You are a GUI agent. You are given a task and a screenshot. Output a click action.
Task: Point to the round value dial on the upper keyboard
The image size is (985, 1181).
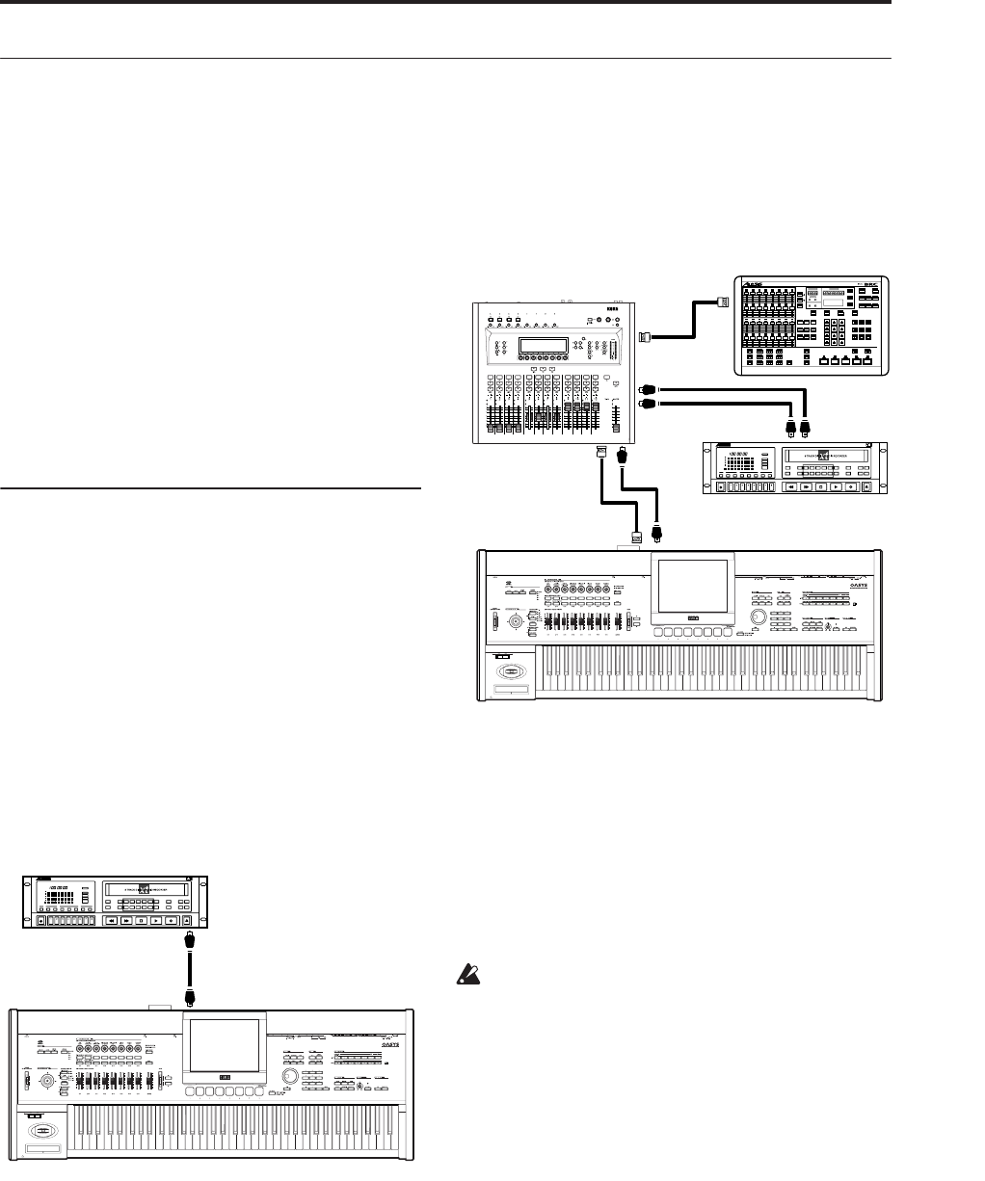[759, 616]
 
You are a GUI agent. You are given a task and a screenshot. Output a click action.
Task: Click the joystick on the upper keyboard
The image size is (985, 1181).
[518, 621]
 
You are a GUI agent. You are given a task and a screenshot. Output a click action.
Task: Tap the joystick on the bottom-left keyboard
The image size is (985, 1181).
[44, 1084]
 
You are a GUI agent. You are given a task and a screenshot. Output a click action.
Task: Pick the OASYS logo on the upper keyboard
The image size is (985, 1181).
[840, 582]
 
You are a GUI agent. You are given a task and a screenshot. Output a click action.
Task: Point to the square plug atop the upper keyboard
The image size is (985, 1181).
[635, 538]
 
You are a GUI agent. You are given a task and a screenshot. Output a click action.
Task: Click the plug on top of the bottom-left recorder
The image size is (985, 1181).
[191, 936]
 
